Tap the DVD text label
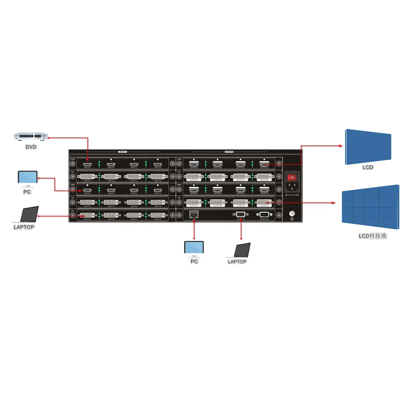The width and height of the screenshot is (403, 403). pos(31,147)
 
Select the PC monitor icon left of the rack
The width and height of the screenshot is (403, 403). pos(27,179)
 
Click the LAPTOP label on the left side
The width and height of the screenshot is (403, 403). pos(24,227)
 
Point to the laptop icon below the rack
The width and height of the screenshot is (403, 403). pos(239,251)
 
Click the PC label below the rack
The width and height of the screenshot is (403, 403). pos(194,262)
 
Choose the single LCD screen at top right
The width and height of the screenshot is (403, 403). pos(368,147)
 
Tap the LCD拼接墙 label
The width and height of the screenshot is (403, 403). pos(372,236)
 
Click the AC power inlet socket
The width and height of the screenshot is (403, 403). pos(293,186)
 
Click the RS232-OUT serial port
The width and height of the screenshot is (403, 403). pos(264,214)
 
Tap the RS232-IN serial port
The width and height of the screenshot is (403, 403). pos(240,214)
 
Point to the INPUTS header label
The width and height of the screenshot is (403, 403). pos(123,152)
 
